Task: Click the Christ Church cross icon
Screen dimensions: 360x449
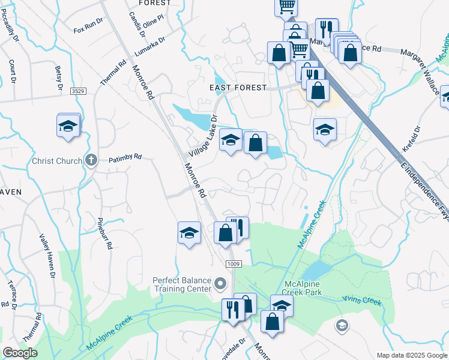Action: point(91,160)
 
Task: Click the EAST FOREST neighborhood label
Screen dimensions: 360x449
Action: point(238,88)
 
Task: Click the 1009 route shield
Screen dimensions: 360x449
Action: point(234,264)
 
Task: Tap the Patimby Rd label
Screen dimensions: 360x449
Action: point(125,158)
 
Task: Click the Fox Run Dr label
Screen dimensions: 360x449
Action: point(88,29)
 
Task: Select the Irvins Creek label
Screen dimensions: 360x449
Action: point(361,299)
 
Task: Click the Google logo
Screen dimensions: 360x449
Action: point(20,353)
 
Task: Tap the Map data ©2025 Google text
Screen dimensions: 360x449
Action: point(411,355)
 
